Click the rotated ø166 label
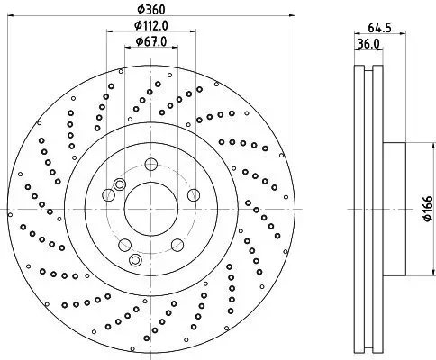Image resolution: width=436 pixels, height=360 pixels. pyautogui.click(x=424, y=209)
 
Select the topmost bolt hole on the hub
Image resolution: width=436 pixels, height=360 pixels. pyautogui.click(x=150, y=165)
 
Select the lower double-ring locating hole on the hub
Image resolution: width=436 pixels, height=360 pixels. pyautogui.click(x=136, y=259)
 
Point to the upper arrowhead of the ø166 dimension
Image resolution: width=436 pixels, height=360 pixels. pyautogui.click(x=417, y=146)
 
